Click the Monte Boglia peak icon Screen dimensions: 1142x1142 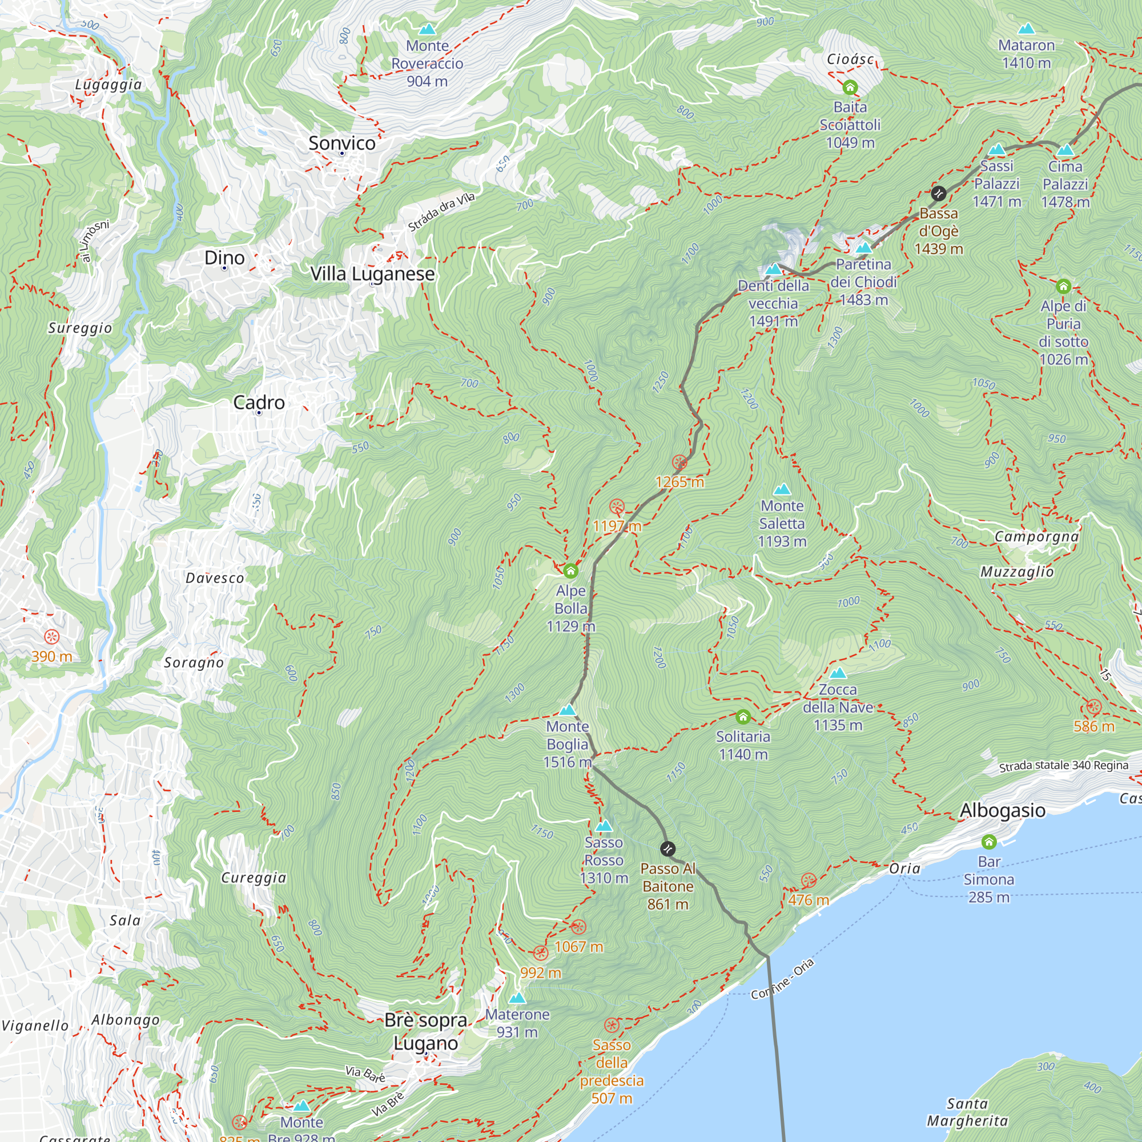click(x=568, y=710)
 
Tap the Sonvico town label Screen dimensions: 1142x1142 click(x=341, y=143)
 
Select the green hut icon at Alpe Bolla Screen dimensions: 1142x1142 click(x=570, y=571)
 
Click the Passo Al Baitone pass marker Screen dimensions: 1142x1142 click(x=667, y=849)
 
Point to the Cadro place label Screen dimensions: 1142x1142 click(x=259, y=403)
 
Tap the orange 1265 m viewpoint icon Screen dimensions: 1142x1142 click(x=679, y=463)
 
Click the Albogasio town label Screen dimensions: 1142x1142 click(x=1003, y=810)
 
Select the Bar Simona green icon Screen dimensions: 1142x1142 click(x=989, y=842)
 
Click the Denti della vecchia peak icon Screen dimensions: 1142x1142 click(x=773, y=270)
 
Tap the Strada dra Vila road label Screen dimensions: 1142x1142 click(x=441, y=212)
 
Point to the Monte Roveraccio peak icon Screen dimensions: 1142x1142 click(x=427, y=29)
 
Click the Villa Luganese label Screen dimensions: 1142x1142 click(x=372, y=274)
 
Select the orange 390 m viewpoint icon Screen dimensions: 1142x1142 click(x=52, y=637)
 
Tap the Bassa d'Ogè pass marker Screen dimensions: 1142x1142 click(x=938, y=194)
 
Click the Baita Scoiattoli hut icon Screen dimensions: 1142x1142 click(x=850, y=88)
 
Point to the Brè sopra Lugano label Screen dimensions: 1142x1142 click(x=425, y=1031)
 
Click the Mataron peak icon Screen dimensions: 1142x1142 click(x=1027, y=29)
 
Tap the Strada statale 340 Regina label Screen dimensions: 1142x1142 click(x=1063, y=766)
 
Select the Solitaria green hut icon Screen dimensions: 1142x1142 click(x=743, y=717)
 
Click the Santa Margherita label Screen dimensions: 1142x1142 click(x=967, y=1112)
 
